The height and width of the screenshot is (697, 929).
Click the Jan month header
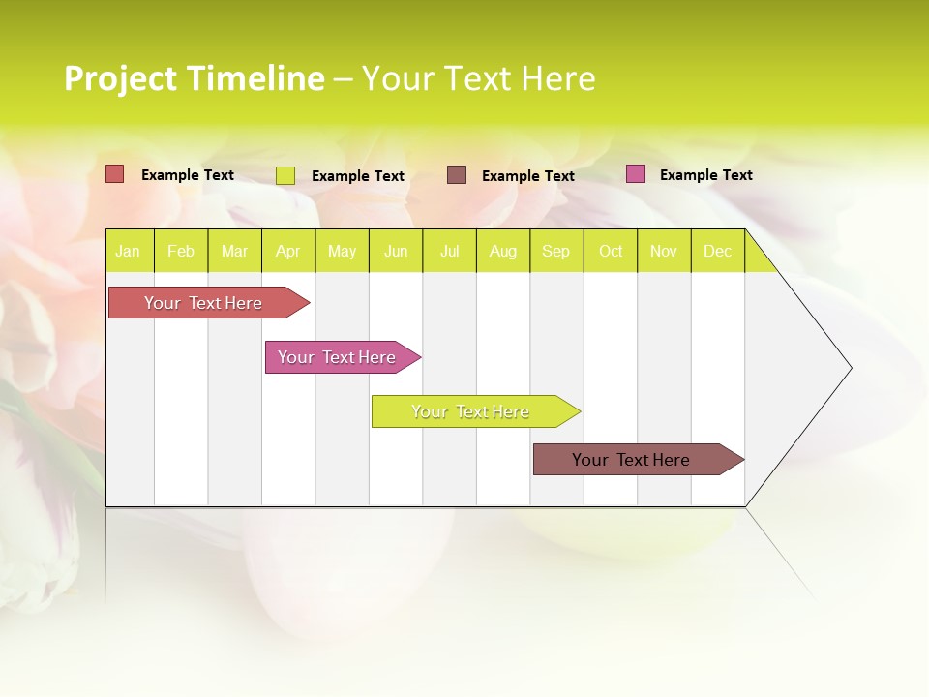click(x=128, y=251)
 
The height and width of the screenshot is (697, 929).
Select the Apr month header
click(x=287, y=251)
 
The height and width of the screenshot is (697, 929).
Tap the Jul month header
click(x=449, y=251)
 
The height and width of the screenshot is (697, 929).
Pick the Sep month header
click(x=555, y=251)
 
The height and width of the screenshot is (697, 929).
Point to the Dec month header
click(x=717, y=251)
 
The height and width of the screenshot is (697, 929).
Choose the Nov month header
click(x=663, y=251)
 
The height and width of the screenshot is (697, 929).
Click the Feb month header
click(x=181, y=251)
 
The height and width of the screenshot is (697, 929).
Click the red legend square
click(x=114, y=174)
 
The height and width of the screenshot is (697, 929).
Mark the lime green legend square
click(x=285, y=175)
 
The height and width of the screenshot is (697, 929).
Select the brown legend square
click(x=456, y=174)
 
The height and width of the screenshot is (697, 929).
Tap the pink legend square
click(x=635, y=174)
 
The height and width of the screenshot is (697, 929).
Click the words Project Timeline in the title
click(x=194, y=78)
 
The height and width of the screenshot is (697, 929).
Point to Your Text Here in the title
click(x=478, y=78)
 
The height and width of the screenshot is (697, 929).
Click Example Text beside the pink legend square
click(x=705, y=174)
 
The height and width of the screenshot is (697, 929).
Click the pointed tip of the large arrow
click(x=849, y=368)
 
